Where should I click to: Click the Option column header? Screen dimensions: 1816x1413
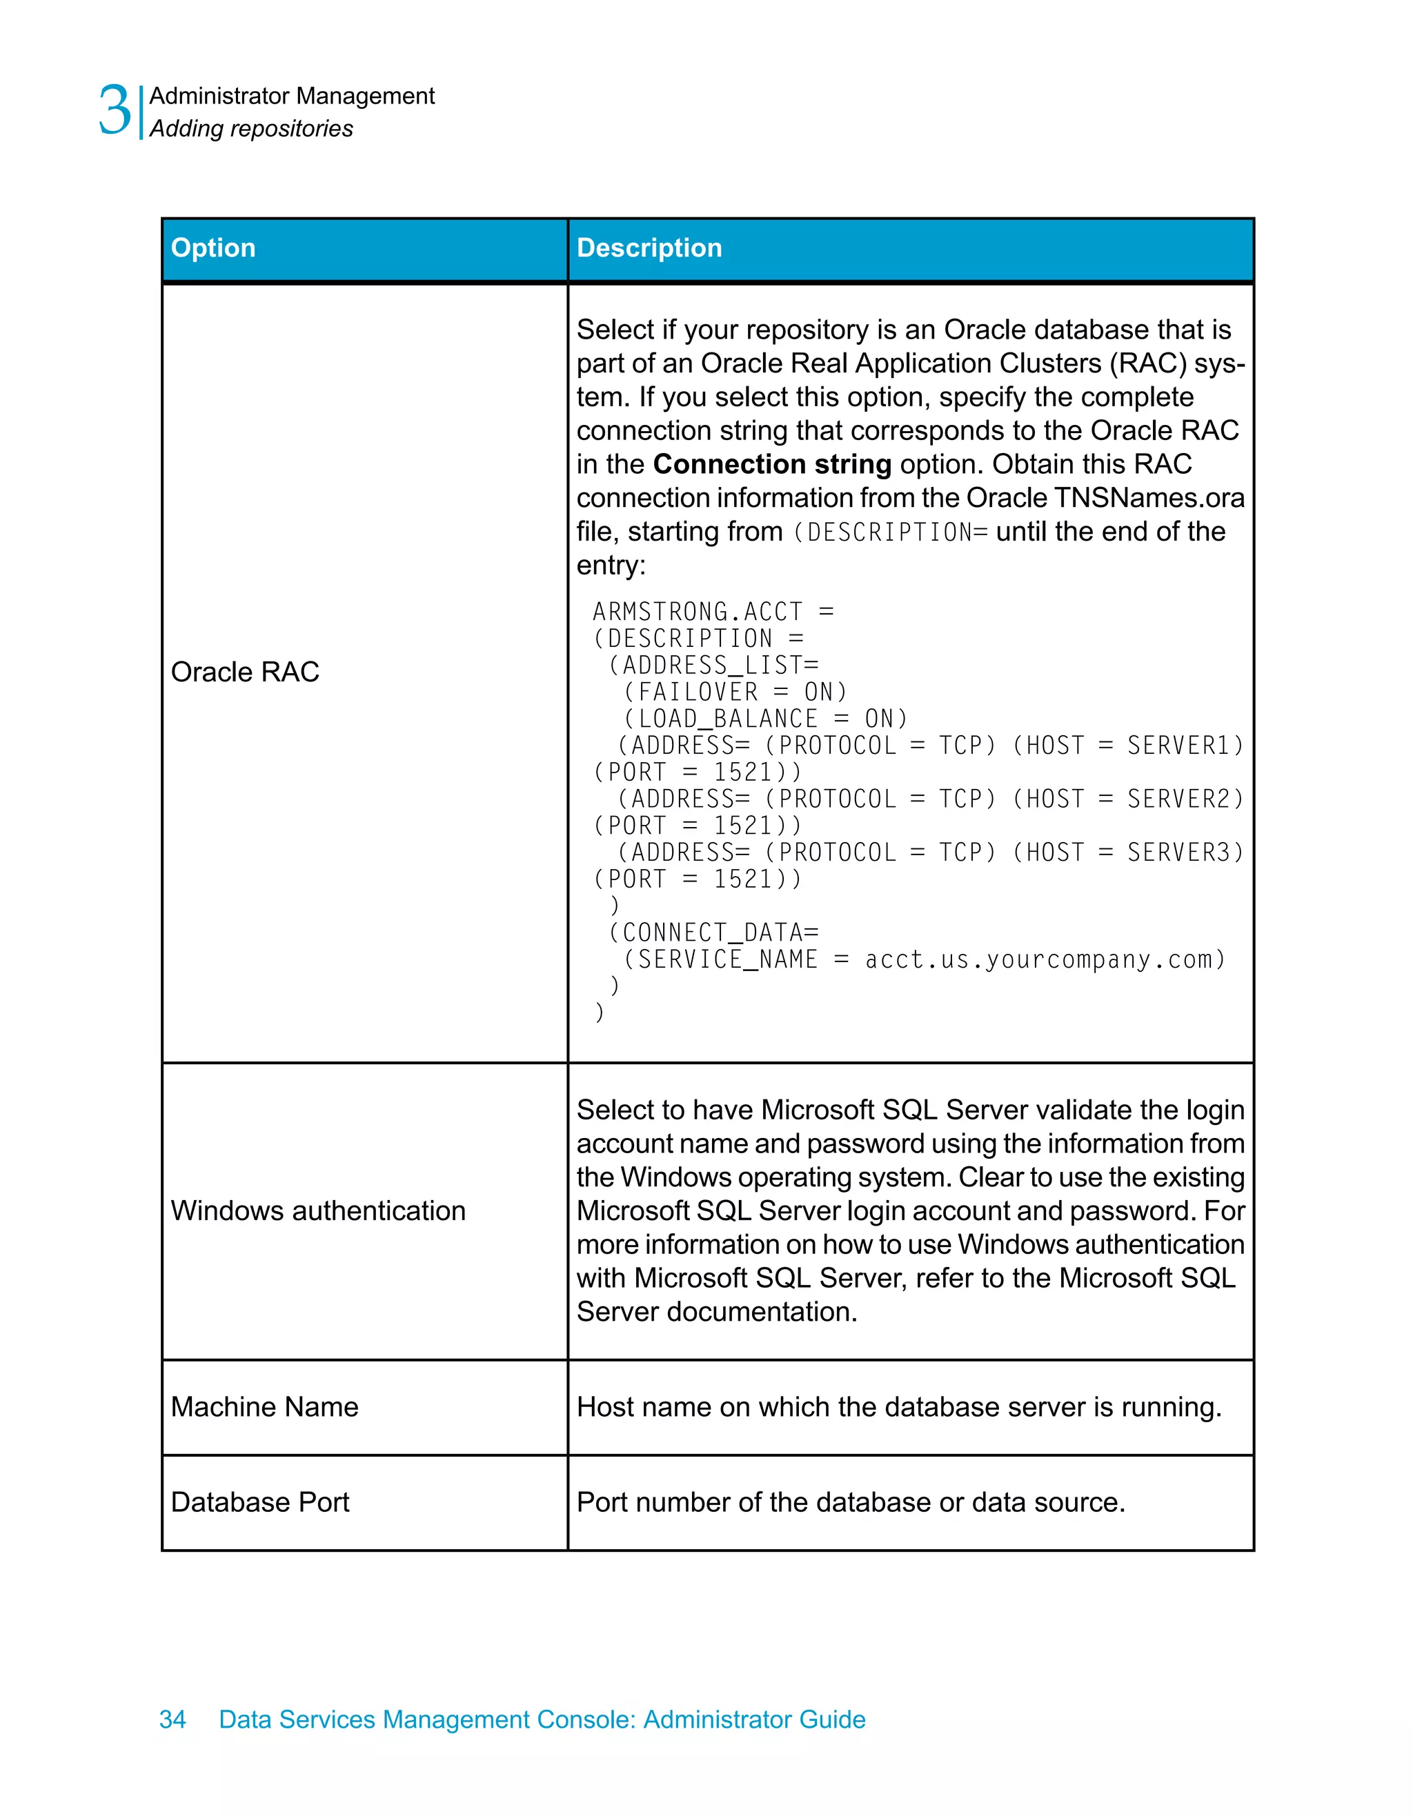point(213,248)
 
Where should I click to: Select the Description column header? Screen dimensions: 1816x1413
point(649,248)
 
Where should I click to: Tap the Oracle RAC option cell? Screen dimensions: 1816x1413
point(246,672)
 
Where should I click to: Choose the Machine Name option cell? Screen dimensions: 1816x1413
point(264,1407)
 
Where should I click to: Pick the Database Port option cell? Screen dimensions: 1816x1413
point(259,1502)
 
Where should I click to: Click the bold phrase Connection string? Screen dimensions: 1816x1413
point(772,464)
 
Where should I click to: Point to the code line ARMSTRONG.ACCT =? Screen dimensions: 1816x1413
point(713,612)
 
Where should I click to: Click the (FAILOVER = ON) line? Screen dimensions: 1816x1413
point(735,692)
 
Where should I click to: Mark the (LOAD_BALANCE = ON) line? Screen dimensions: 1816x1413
point(765,719)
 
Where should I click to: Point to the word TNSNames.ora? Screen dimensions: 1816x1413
point(1149,498)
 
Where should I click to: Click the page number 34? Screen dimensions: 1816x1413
point(172,1719)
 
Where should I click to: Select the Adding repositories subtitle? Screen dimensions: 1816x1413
point(251,129)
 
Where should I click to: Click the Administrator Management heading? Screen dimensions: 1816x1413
point(292,97)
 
